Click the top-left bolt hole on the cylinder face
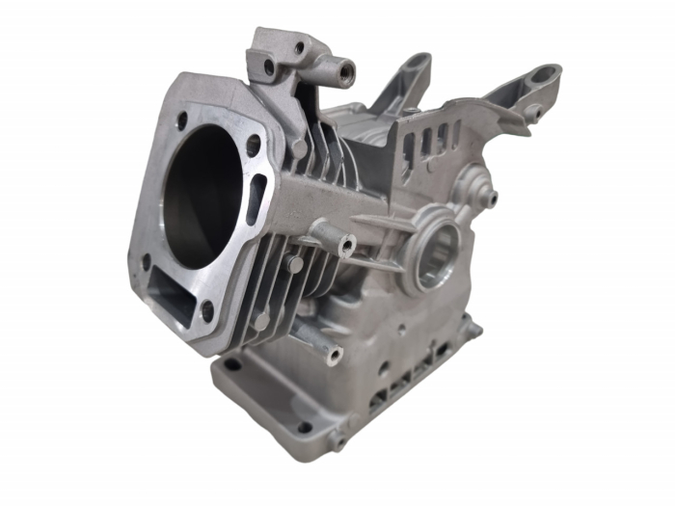tap(179, 121)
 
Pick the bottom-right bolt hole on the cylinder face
tap(206, 310)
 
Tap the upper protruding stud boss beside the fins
tap(344, 247)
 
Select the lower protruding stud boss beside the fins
tap(334, 357)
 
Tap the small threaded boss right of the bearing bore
tap(492, 199)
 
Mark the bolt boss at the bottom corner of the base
tap(337, 442)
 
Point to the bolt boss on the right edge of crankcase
tap(472, 331)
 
